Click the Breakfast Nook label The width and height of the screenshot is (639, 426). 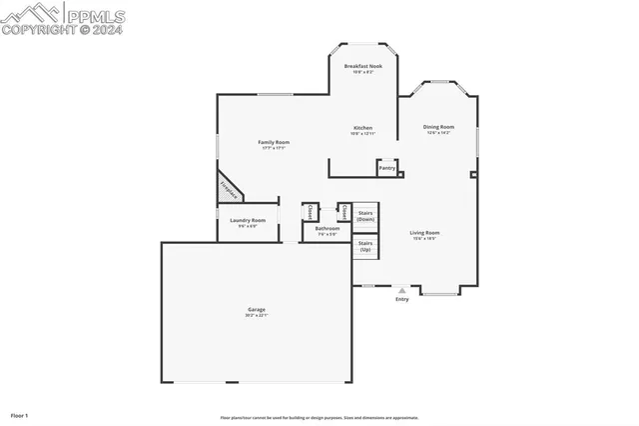coord(362,66)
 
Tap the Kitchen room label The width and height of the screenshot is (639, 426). coord(362,128)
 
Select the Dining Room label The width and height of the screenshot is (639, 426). coord(438,127)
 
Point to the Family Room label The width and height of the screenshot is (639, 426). coord(274,143)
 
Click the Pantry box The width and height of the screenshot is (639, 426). coord(386,168)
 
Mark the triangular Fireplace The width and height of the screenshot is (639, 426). coord(229,189)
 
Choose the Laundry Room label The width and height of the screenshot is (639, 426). coord(248,220)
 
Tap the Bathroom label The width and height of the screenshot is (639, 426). coord(327,229)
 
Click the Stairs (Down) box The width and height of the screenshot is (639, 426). coord(365,215)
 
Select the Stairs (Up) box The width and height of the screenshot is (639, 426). coord(365,246)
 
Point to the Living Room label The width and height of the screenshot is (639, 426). coord(424,233)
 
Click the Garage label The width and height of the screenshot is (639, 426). coord(257,310)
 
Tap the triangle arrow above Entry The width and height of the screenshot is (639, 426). coord(402,291)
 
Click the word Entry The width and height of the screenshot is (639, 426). coord(402,299)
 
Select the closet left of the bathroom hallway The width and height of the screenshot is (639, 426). coord(310,213)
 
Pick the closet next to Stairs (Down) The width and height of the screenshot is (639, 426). coord(343,212)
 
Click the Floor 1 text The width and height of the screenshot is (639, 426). coord(20,414)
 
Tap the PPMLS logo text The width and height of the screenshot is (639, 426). coord(96,15)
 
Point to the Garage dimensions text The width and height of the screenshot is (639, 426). coord(257,316)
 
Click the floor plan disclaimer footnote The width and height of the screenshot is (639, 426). coord(319,418)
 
